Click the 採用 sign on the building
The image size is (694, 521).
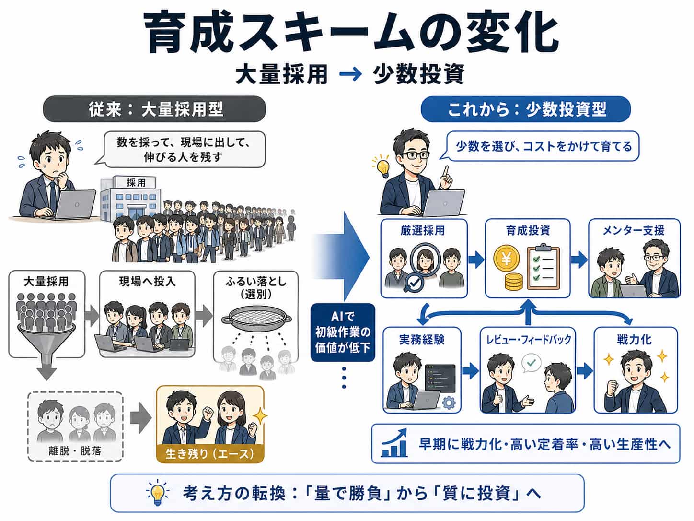click(136, 182)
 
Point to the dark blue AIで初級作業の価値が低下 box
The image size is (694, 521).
click(343, 332)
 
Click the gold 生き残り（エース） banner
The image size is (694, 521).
click(210, 454)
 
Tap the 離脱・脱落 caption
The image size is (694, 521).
click(75, 451)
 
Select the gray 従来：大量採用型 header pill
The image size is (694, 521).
click(154, 109)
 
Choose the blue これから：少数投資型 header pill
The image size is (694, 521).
click(526, 109)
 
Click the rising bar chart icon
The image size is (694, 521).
click(394, 443)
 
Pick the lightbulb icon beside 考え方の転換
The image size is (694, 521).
click(158, 493)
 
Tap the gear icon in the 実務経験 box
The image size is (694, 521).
click(449, 403)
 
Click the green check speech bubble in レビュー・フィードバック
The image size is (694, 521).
click(531, 363)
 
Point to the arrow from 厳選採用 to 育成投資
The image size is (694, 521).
click(476, 260)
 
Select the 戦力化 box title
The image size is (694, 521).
click(634, 340)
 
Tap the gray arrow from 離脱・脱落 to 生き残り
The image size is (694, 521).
click(141, 418)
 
